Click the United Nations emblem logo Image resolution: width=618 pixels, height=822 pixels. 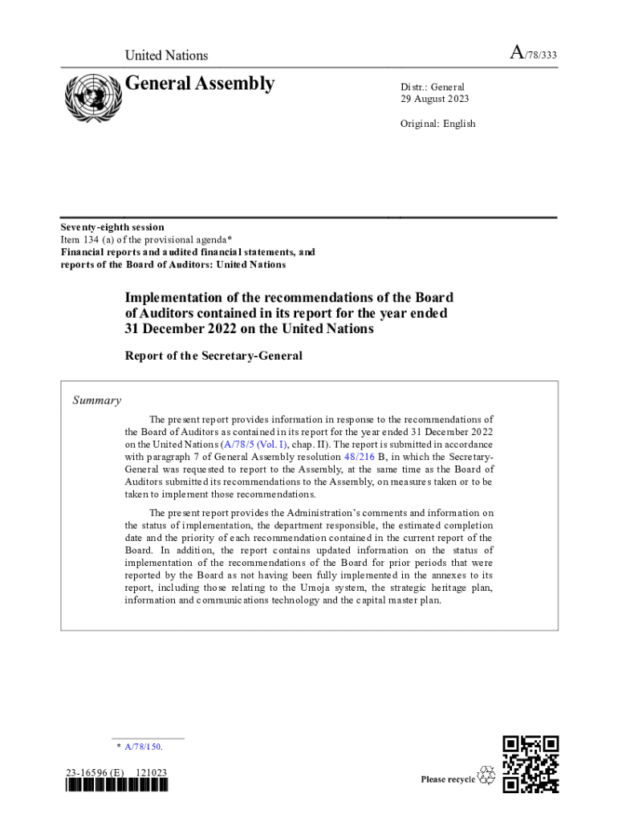91,99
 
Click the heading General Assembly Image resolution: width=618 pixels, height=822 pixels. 200,83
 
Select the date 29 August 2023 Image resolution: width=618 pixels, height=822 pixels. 435,99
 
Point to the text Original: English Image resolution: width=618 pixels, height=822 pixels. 438,124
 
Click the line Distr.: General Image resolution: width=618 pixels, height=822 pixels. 433,87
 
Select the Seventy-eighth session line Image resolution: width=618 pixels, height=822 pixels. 112,227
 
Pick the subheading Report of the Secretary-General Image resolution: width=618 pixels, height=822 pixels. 213,356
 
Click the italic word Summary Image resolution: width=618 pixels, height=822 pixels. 97,400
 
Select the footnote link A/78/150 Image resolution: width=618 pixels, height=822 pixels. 143,747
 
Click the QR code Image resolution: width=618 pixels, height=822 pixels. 530,764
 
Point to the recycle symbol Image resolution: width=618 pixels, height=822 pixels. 486,776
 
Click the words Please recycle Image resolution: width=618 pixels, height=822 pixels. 448,779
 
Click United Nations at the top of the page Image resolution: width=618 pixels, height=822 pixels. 166,55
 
